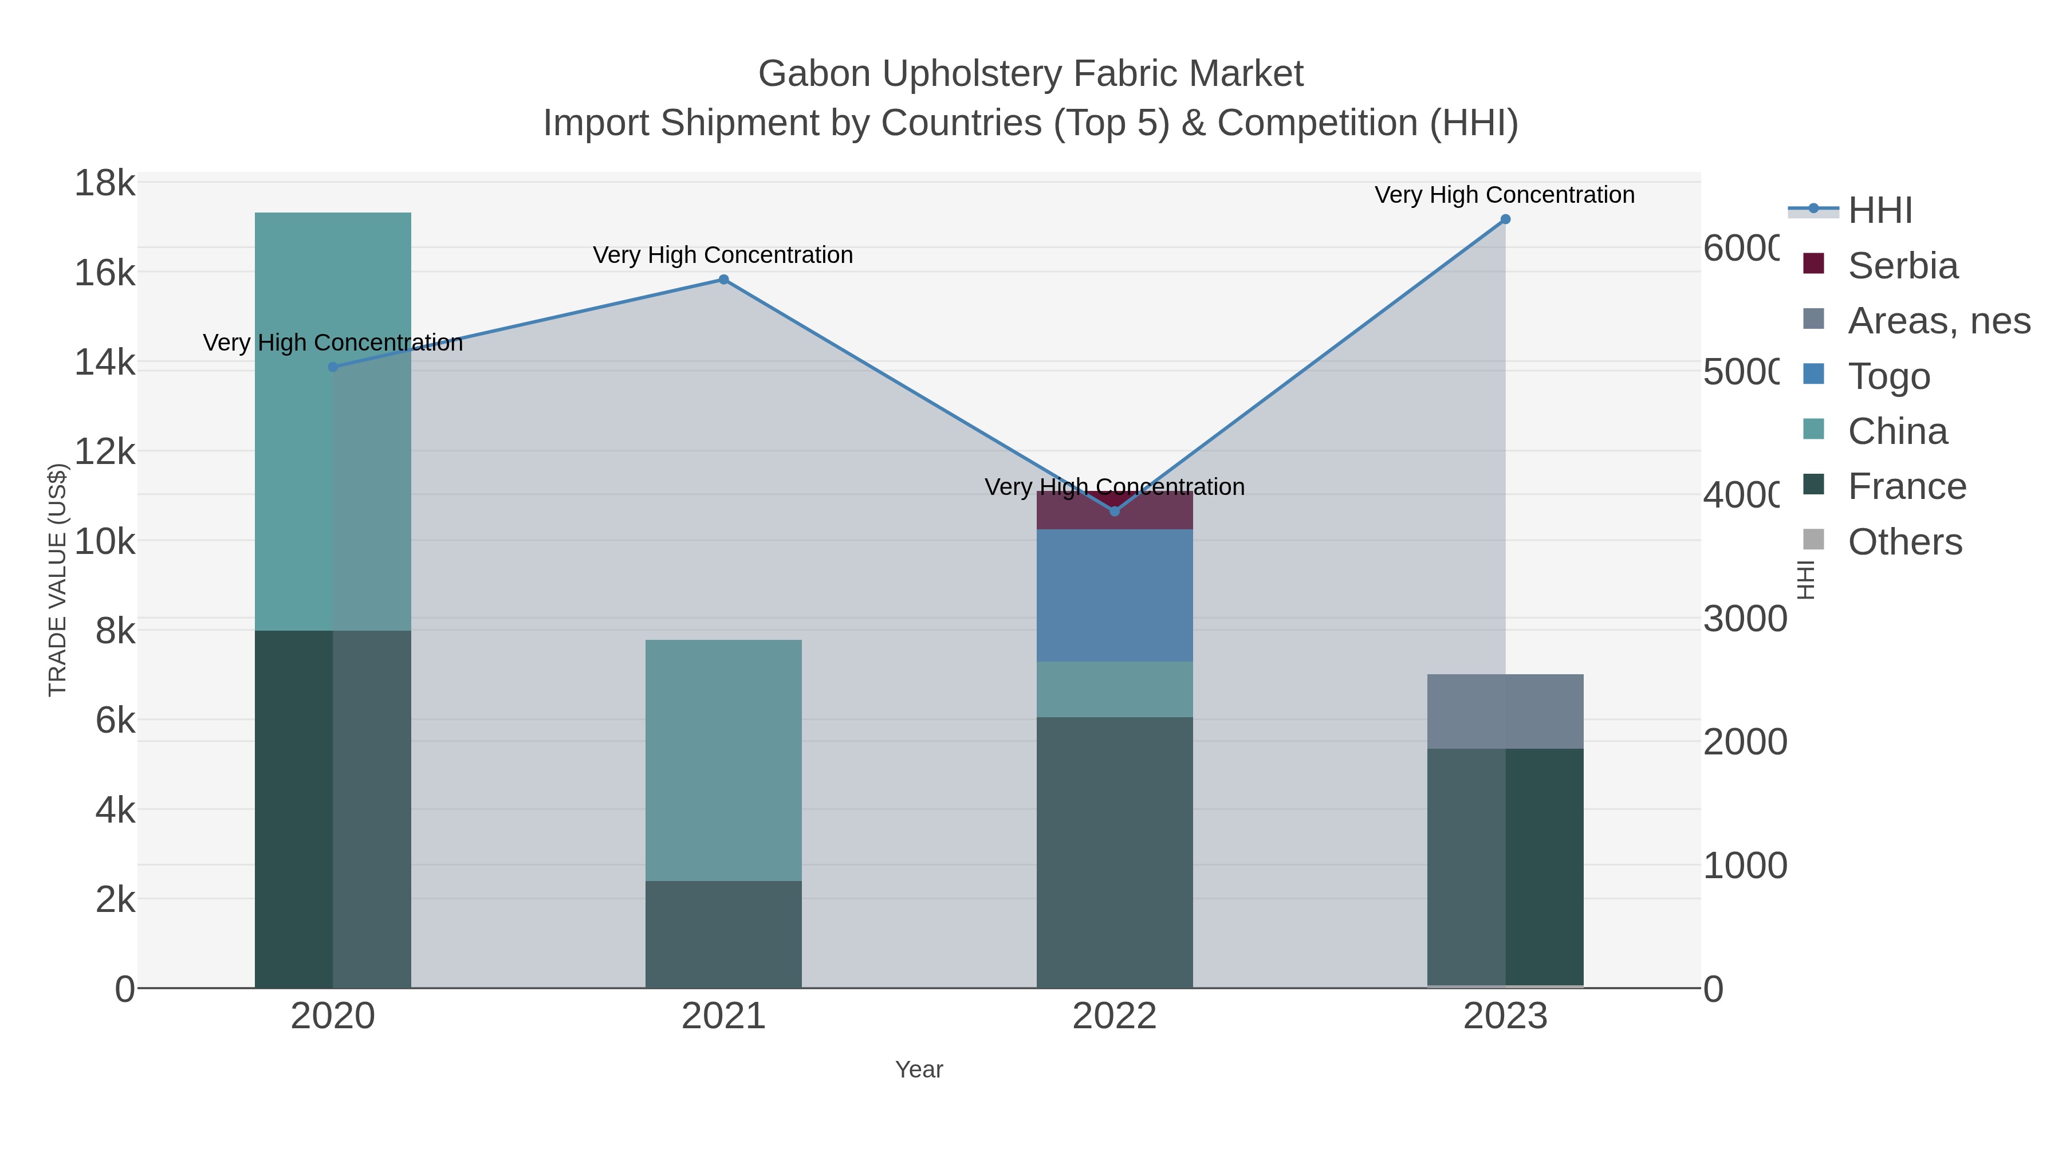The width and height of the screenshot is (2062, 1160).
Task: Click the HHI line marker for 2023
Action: click(1505, 219)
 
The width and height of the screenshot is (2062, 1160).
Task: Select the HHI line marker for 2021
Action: click(723, 280)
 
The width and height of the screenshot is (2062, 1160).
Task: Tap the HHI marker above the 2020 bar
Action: click(333, 367)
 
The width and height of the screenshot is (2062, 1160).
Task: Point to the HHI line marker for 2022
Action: click(1114, 511)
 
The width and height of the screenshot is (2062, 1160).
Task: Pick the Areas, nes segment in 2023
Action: click(1505, 711)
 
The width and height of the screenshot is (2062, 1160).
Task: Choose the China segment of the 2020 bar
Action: click(333, 481)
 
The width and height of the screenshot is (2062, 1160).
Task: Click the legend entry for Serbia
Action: click(1902, 266)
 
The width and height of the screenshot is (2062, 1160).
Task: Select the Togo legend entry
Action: click(1888, 376)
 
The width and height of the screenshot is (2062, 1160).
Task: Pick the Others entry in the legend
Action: click(1903, 542)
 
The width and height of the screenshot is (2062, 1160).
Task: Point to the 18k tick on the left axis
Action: click(105, 183)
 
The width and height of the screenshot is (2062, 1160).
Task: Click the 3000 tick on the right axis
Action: click(1744, 619)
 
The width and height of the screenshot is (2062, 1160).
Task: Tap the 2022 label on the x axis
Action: click(1114, 1017)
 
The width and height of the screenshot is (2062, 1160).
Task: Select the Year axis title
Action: click(919, 1069)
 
